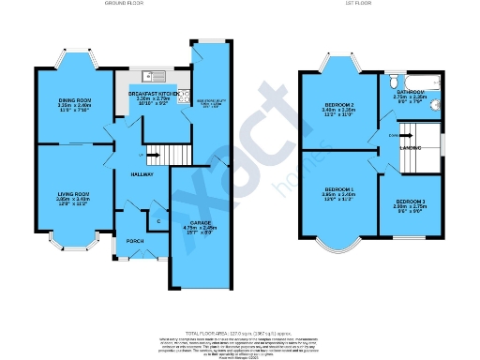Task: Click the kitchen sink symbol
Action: [147, 76]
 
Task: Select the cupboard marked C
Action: [157, 221]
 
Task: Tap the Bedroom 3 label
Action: [411, 202]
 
